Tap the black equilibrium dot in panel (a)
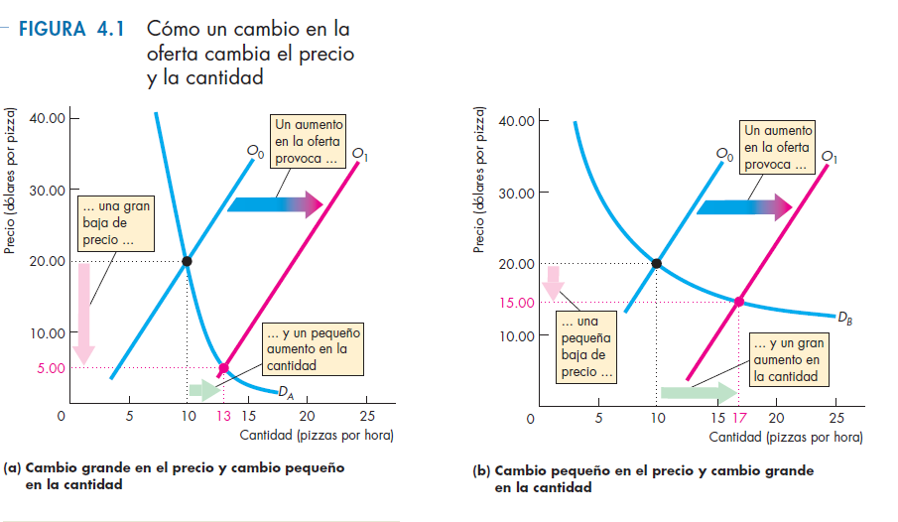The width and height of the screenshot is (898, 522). tap(187, 261)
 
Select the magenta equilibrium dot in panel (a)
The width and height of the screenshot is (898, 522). tap(223, 368)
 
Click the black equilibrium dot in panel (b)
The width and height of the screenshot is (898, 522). tap(657, 263)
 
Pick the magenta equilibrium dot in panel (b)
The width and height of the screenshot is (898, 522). tap(739, 301)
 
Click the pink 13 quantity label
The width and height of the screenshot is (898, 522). tap(224, 416)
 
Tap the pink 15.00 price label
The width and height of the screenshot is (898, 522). tap(518, 302)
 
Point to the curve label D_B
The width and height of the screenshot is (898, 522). tap(844, 319)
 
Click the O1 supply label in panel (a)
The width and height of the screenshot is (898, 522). tap(359, 155)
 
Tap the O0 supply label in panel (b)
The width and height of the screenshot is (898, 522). tap(725, 155)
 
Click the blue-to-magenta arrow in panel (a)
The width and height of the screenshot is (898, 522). tap(275, 204)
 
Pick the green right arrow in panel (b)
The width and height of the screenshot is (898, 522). tap(698, 392)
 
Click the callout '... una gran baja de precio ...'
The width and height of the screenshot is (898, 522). tap(116, 223)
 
